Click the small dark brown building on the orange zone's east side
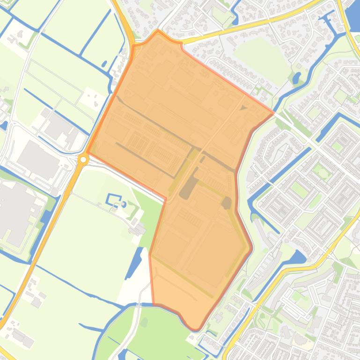(x=227, y=202)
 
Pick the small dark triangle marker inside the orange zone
(x=242, y=108)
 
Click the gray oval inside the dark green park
(x=144, y=322)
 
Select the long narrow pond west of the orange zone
(x=134, y=262)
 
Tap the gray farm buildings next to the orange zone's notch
(x=139, y=229)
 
